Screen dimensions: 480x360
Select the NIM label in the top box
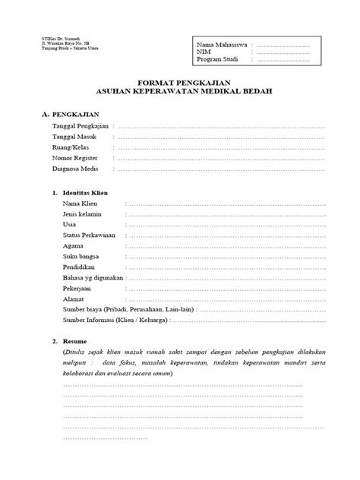click(203, 53)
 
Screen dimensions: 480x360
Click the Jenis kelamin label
click(82, 215)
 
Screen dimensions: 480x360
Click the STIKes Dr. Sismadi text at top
click(50, 39)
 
